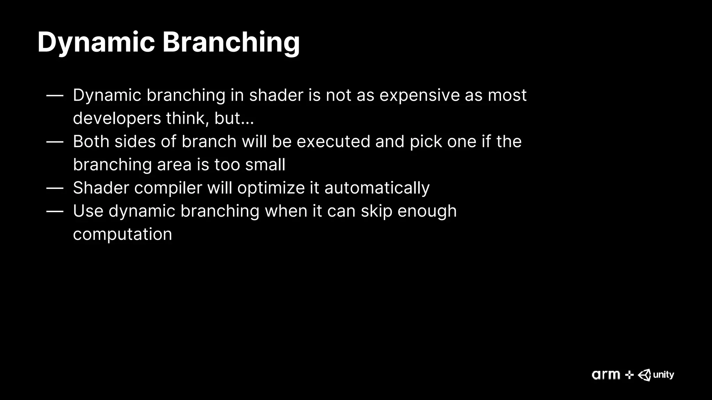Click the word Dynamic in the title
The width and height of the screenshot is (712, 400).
click(x=96, y=42)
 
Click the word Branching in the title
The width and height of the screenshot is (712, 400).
click(x=231, y=42)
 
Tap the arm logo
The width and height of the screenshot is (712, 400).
click(x=606, y=375)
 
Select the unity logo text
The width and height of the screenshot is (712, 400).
click(x=663, y=375)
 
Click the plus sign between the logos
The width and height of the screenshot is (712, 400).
click(x=629, y=375)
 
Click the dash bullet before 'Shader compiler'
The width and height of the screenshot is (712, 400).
click(x=55, y=188)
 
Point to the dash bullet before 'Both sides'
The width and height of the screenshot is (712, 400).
click(x=55, y=142)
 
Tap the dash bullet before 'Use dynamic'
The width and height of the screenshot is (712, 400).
click(x=55, y=211)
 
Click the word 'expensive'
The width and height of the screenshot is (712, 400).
click(x=419, y=95)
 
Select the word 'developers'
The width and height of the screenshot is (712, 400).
click(x=117, y=118)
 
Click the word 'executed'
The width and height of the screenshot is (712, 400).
click(x=333, y=142)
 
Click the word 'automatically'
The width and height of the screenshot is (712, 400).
click(x=377, y=188)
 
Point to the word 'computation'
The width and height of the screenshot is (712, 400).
click(x=122, y=234)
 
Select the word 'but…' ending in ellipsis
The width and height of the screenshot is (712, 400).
click(x=234, y=118)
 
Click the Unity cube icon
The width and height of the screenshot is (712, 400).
click(x=645, y=375)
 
